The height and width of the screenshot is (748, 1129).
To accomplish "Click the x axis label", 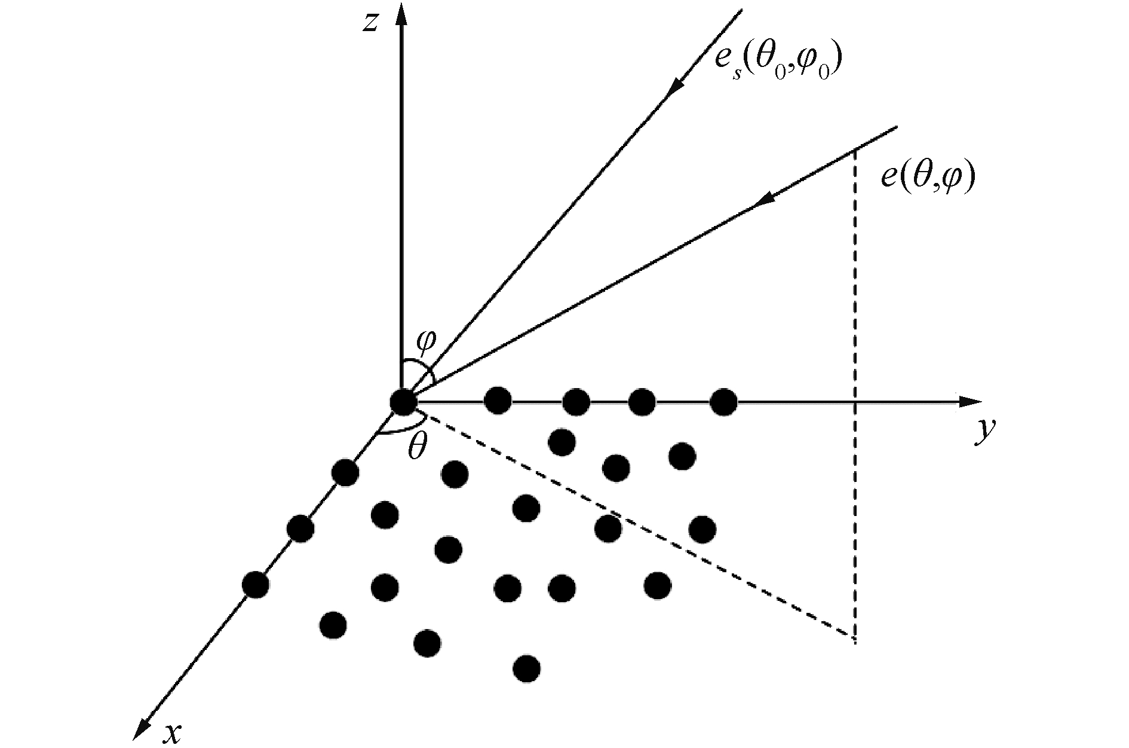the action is tap(172, 733).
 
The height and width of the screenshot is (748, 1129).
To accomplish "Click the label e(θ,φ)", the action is tap(928, 177).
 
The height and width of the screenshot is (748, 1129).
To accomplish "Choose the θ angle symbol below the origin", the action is tap(417, 447).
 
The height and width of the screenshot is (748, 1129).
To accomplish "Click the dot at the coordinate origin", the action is tap(403, 402).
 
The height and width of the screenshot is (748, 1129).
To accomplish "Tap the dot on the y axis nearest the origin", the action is tap(498, 401).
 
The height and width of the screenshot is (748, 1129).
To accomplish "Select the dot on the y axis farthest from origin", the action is tap(723, 402).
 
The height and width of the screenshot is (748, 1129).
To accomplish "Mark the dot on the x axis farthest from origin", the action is tap(256, 585).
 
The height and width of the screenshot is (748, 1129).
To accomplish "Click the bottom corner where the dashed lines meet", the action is tap(855, 639).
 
